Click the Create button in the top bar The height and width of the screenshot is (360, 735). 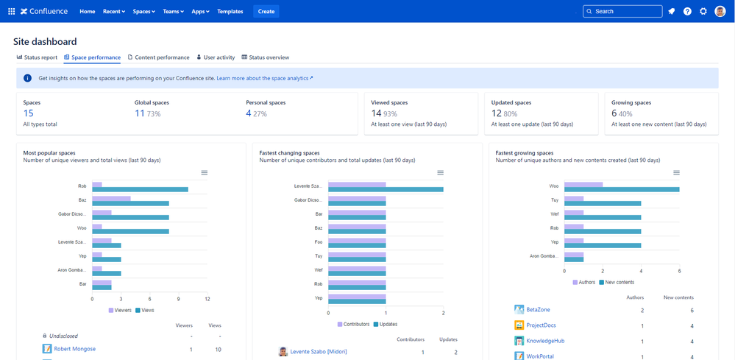coord(266,11)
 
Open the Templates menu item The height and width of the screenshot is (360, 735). coord(230,11)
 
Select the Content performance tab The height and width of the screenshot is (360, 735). coord(159,57)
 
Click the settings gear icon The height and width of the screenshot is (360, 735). coord(703,11)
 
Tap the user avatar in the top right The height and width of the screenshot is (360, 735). coord(720,11)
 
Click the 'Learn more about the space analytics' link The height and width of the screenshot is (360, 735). coord(264,78)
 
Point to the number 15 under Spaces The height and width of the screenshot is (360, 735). coord(28,113)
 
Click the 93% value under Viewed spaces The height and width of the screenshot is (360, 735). coord(391,114)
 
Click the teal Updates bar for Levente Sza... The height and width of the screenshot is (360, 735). coord(386,189)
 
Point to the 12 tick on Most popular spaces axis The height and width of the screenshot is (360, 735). coord(207,299)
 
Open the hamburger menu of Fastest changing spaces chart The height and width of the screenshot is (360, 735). coord(440,172)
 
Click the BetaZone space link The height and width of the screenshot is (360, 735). coord(538,310)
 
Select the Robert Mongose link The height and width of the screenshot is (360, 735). coord(74,348)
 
